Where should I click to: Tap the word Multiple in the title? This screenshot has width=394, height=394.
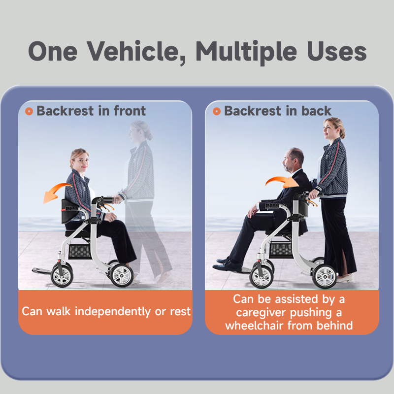tap(247, 52)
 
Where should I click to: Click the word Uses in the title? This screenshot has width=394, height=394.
tap(337, 51)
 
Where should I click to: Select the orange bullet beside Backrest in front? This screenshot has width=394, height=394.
tap(29, 111)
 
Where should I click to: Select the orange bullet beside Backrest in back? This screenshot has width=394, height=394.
tap(217, 111)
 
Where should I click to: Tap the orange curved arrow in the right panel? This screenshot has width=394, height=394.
tap(281, 180)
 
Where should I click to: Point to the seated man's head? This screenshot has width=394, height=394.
tap(293, 160)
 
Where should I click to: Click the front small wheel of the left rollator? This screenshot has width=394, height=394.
tap(62, 275)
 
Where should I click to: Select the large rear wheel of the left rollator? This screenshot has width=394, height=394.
tap(121, 275)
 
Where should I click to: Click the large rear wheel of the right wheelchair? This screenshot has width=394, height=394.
tap(324, 276)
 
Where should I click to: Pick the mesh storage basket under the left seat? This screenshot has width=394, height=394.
tap(80, 251)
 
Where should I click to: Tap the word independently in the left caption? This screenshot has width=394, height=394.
tap(113, 312)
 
